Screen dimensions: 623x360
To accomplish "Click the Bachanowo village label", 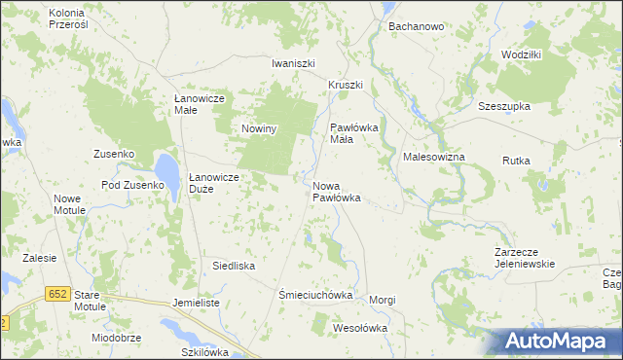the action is pyautogui.click(x=417, y=26).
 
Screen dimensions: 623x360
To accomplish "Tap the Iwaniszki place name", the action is pyautogui.click(x=294, y=63).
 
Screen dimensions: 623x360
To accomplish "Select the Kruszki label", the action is pyautogui.click(x=345, y=85).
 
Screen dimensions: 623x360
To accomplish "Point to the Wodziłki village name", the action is pyautogui.click(x=521, y=54).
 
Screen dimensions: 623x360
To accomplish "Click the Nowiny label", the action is pyautogui.click(x=261, y=128).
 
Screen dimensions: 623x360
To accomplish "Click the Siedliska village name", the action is pyautogui.click(x=234, y=265).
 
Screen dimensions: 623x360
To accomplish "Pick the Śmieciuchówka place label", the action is pyautogui.click(x=314, y=294).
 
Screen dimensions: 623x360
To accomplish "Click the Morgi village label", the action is pyautogui.click(x=383, y=300).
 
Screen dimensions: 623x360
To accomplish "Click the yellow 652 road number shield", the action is pyautogui.click(x=57, y=293).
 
